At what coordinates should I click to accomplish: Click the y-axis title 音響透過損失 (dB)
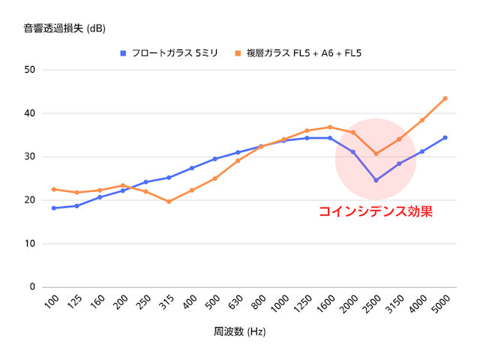64,29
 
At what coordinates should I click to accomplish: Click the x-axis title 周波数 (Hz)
240,331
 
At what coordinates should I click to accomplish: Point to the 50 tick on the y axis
31,70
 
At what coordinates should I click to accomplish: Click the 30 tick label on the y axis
31,157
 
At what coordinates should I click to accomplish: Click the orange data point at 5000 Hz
445,98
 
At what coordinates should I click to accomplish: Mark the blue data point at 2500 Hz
376,180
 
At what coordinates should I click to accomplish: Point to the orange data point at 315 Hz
169,202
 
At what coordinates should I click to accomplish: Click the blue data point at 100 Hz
54,208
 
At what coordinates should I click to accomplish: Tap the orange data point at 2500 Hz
376,154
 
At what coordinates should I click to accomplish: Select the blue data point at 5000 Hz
445,137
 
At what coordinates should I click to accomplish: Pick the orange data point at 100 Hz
54,189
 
